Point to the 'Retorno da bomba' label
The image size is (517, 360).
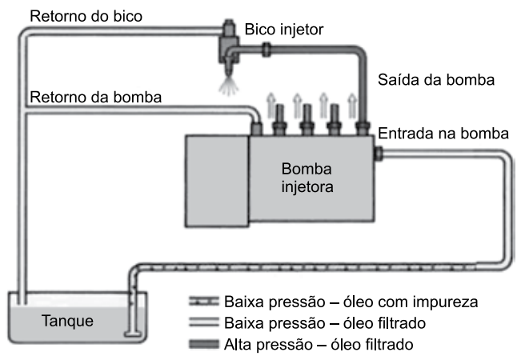(x=96, y=97)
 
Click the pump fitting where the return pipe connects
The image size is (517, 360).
(x=257, y=126)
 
